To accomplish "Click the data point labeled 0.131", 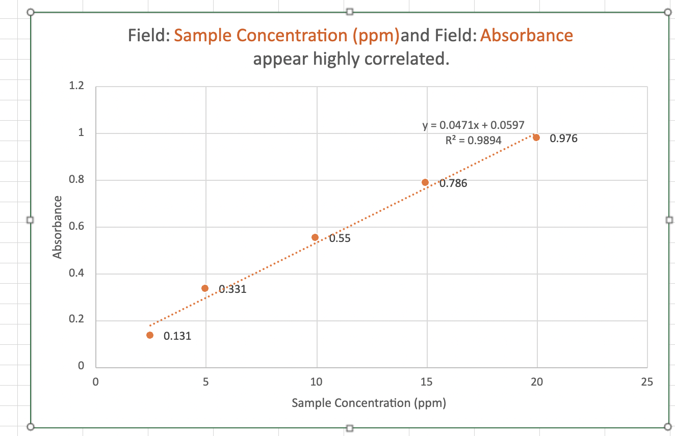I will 150,335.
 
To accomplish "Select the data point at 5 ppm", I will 205,288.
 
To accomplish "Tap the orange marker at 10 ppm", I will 315,237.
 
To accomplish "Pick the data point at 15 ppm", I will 425,182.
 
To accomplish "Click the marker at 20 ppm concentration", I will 536,138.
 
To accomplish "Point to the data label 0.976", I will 563,139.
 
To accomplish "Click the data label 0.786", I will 453,184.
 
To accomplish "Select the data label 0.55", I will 340,238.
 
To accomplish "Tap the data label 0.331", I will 232,290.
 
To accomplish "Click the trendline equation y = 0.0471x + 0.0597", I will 474,125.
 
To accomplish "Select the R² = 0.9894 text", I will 474,140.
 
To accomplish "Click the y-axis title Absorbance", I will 58,227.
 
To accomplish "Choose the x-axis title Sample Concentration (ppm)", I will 369,403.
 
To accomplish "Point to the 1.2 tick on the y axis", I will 76,86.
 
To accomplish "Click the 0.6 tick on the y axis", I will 76,227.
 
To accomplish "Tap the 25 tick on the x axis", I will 647,383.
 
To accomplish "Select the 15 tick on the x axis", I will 426,383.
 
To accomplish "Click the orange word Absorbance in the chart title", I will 527,36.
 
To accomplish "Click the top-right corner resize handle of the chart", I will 668,12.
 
